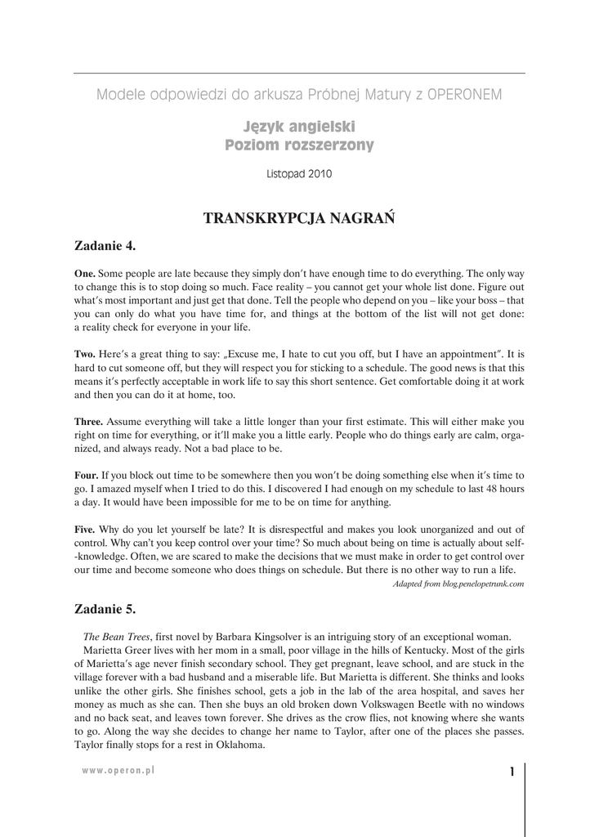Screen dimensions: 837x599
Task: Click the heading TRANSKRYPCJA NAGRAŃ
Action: [x=299, y=218]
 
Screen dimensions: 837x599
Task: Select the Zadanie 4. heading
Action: [x=105, y=245]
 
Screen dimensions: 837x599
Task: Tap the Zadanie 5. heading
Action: [x=105, y=609]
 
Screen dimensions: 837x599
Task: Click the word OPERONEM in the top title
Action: [x=464, y=95]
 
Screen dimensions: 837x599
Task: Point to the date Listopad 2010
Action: [x=299, y=174]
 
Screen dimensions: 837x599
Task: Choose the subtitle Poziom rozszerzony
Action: [x=299, y=145]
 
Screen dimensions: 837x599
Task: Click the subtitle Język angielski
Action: [x=299, y=127]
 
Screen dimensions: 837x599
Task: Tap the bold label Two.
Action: [x=85, y=355]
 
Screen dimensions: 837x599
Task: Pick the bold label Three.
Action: [x=89, y=422]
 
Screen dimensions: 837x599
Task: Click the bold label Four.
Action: [x=87, y=475]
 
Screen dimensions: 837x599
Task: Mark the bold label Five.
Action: [x=85, y=529]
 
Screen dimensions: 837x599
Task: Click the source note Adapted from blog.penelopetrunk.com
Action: [x=458, y=584]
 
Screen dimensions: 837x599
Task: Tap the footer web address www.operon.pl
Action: [x=118, y=770]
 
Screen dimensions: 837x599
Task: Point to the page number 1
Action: [x=511, y=772]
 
